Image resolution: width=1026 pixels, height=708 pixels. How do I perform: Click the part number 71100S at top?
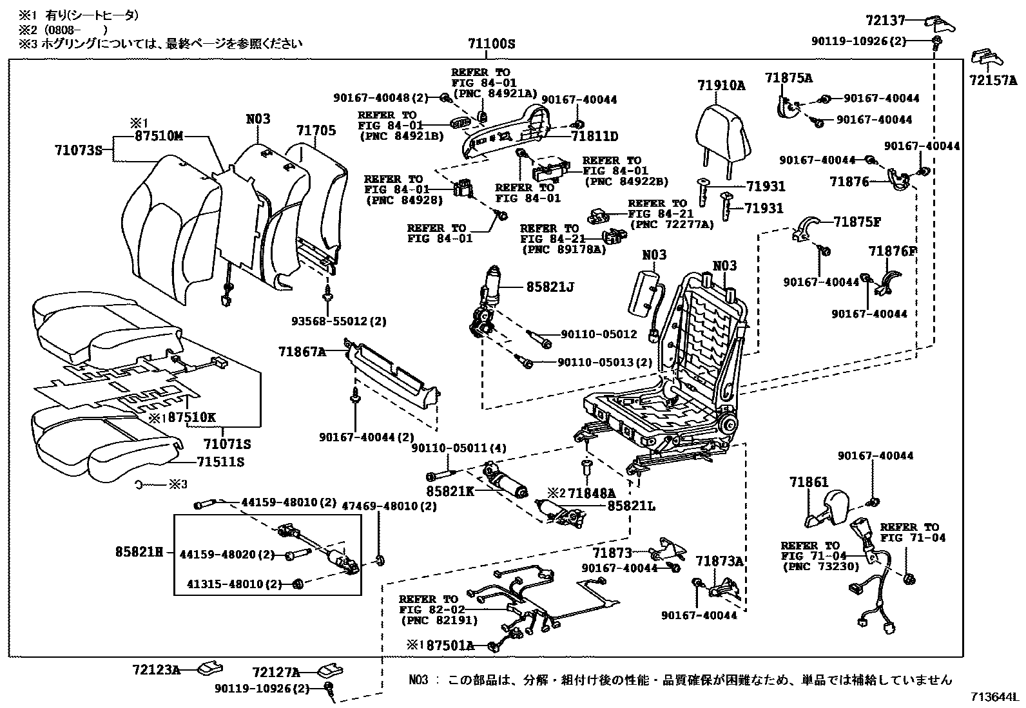coord(492,44)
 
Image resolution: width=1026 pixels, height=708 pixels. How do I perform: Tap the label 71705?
coord(316,130)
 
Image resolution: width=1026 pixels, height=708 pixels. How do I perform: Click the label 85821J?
coord(550,287)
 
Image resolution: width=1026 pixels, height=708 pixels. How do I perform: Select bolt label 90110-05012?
coord(599,334)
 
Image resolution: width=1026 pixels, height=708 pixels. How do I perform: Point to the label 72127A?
coord(276,673)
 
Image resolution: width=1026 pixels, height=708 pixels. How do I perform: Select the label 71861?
coord(809,482)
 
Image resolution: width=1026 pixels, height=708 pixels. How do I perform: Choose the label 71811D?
coord(594,137)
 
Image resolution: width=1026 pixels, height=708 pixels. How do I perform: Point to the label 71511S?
coord(220,462)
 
